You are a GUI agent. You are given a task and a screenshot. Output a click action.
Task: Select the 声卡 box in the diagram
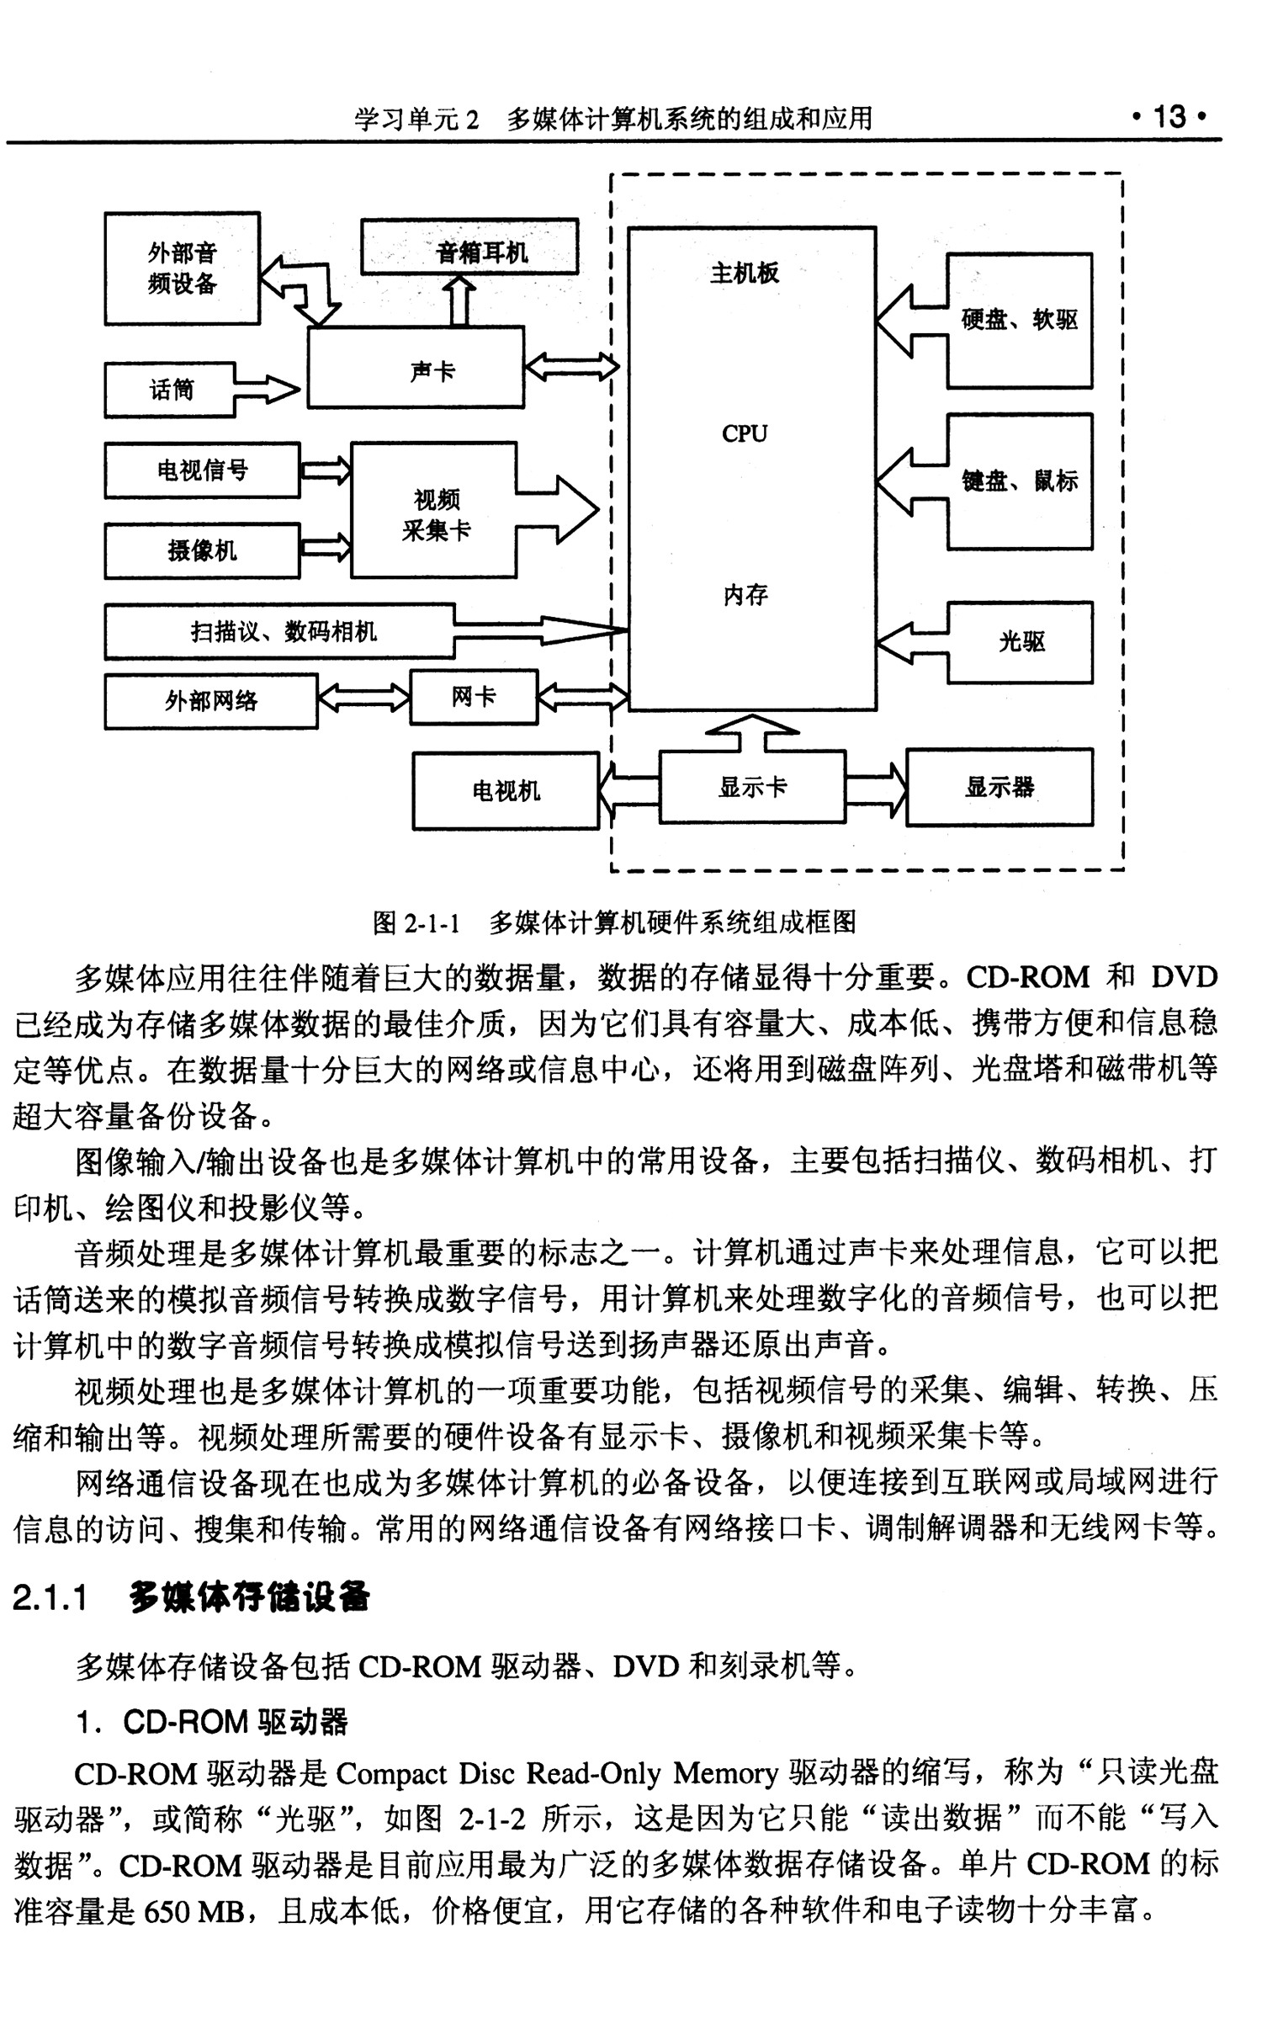tap(416, 369)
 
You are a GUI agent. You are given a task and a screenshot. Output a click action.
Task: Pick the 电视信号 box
tap(202, 470)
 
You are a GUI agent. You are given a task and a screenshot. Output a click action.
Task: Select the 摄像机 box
tap(202, 551)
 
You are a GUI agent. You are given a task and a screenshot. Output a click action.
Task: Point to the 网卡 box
tap(474, 698)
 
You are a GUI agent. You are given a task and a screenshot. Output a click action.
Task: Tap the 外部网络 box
tap(211, 701)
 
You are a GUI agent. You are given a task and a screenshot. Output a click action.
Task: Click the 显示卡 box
tap(752, 787)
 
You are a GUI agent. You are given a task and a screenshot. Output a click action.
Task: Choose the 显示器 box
tap(1000, 787)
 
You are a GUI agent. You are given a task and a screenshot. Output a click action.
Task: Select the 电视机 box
tap(506, 791)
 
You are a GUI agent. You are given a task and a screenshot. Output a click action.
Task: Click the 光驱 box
tap(1021, 642)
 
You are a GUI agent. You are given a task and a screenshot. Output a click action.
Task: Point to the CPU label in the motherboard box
tap(745, 433)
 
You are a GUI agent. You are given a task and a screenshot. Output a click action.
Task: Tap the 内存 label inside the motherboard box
tap(745, 595)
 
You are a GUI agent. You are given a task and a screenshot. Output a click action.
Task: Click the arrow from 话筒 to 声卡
tap(268, 390)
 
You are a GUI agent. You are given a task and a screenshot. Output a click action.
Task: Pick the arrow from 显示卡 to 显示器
tap(876, 788)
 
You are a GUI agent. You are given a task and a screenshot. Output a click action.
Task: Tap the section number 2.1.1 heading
tap(51, 1597)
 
